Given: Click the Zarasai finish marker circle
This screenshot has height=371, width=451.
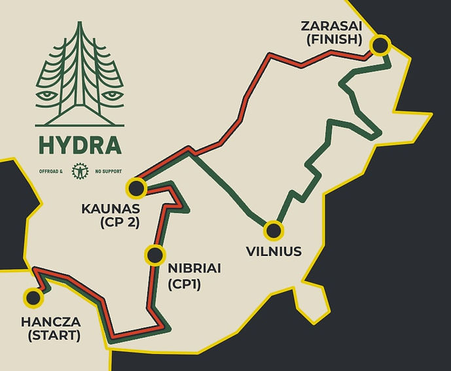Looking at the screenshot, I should coord(380,45).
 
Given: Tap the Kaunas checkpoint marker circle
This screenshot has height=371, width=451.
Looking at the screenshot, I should coord(136,188).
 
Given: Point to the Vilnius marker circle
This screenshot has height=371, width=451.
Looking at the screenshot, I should coord(273,230).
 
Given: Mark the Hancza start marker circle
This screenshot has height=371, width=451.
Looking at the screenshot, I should coord(32,298).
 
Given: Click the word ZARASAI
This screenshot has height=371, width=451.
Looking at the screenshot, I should coord(331,26).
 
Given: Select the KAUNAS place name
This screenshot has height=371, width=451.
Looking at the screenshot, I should coord(110,209).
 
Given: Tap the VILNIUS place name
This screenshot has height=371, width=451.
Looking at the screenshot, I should coord(274,251).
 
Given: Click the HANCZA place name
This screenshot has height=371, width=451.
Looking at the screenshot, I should coord(50,323).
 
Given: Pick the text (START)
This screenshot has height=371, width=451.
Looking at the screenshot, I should coord(50,336).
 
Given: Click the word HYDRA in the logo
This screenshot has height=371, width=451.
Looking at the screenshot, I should coord(79,145).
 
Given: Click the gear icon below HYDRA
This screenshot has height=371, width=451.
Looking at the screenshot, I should coord(79,171).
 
